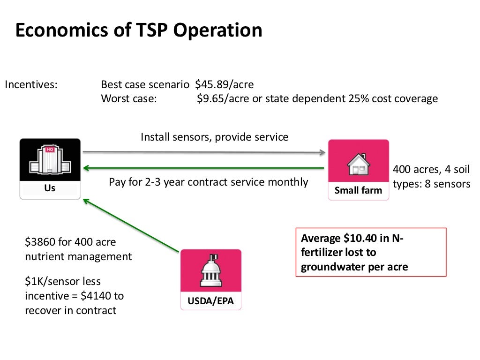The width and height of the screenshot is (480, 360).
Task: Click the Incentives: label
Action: [x=31, y=85]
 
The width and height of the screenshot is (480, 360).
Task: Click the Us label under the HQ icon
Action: [x=50, y=188]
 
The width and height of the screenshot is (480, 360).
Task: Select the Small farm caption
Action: [x=358, y=191]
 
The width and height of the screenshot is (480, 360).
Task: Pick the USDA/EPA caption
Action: [x=211, y=301]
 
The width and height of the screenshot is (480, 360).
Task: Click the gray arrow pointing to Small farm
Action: [x=204, y=152]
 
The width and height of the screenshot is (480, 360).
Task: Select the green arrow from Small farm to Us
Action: [x=204, y=168]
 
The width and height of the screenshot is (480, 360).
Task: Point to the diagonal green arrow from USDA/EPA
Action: [x=131, y=225]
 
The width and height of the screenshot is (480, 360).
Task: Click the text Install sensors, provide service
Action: [x=215, y=137]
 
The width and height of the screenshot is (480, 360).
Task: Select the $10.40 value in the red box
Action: [x=360, y=239]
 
